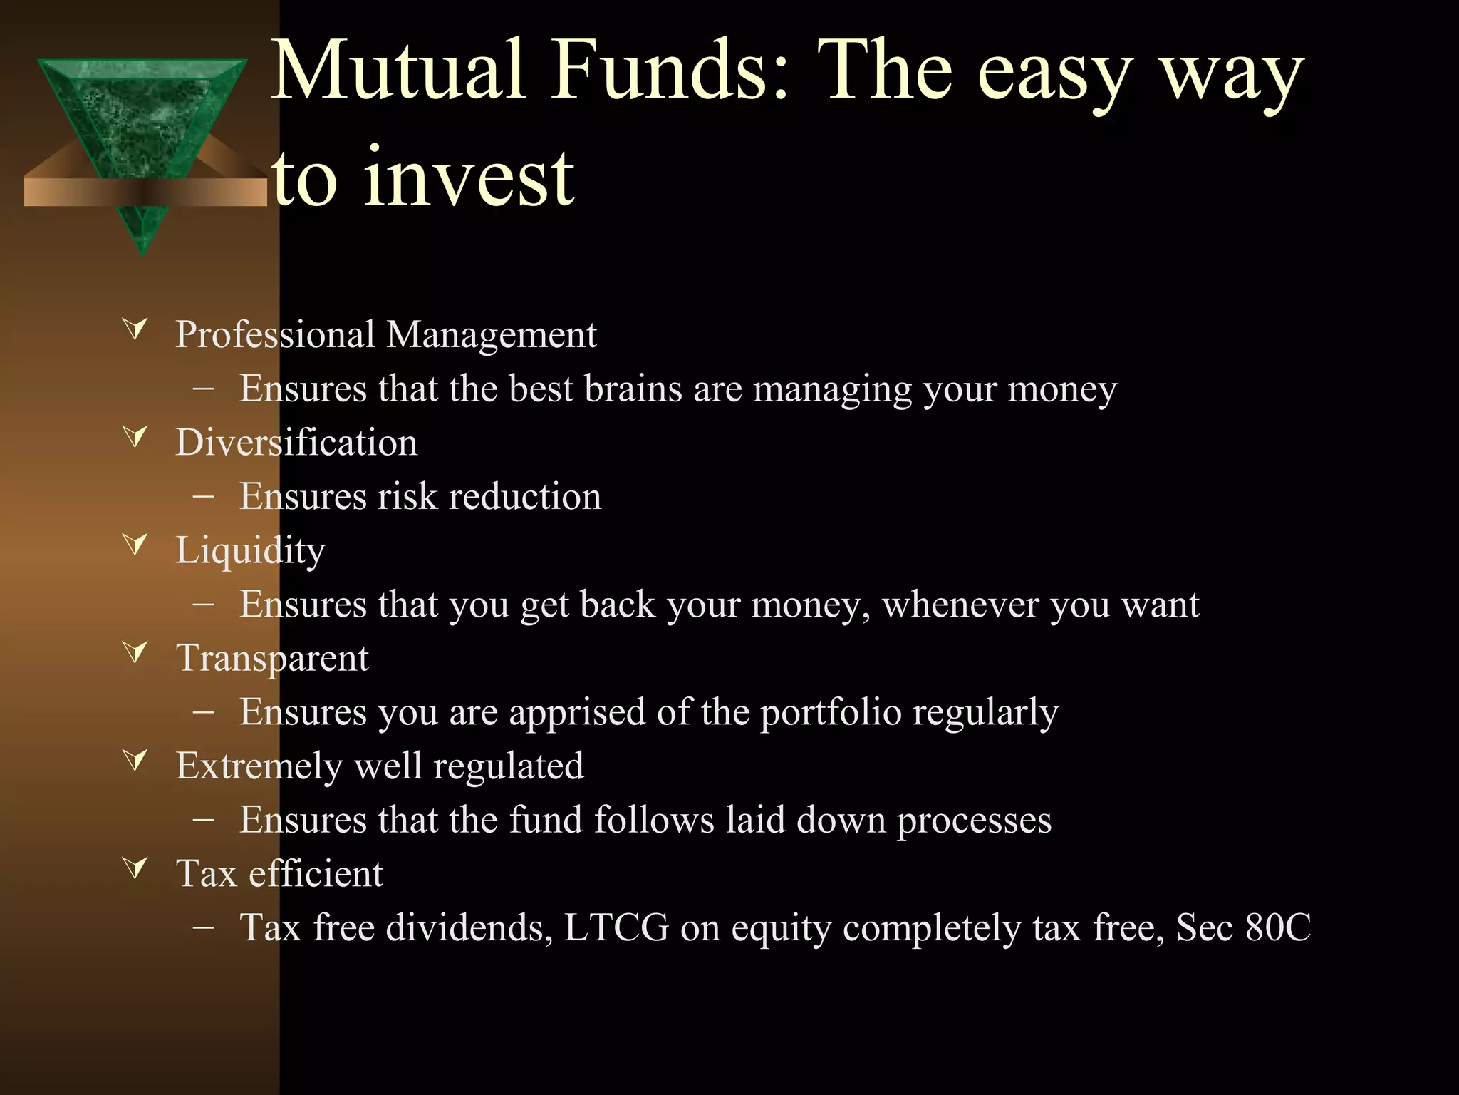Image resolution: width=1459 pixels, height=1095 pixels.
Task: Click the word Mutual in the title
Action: [x=399, y=71]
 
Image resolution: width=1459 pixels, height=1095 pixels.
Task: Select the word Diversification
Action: [x=296, y=443]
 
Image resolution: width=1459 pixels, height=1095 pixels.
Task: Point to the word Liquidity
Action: [x=250, y=551]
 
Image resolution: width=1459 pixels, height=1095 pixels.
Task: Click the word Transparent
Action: [x=272, y=658]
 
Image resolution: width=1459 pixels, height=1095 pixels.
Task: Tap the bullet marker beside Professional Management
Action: [x=135, y=329]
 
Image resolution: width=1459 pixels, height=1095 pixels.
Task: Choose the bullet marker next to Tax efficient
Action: [x=135, y=868]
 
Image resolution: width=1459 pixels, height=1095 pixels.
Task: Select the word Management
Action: [x=491, y=335]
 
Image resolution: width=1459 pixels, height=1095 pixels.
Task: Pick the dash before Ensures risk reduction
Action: [x=204, y=497]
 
